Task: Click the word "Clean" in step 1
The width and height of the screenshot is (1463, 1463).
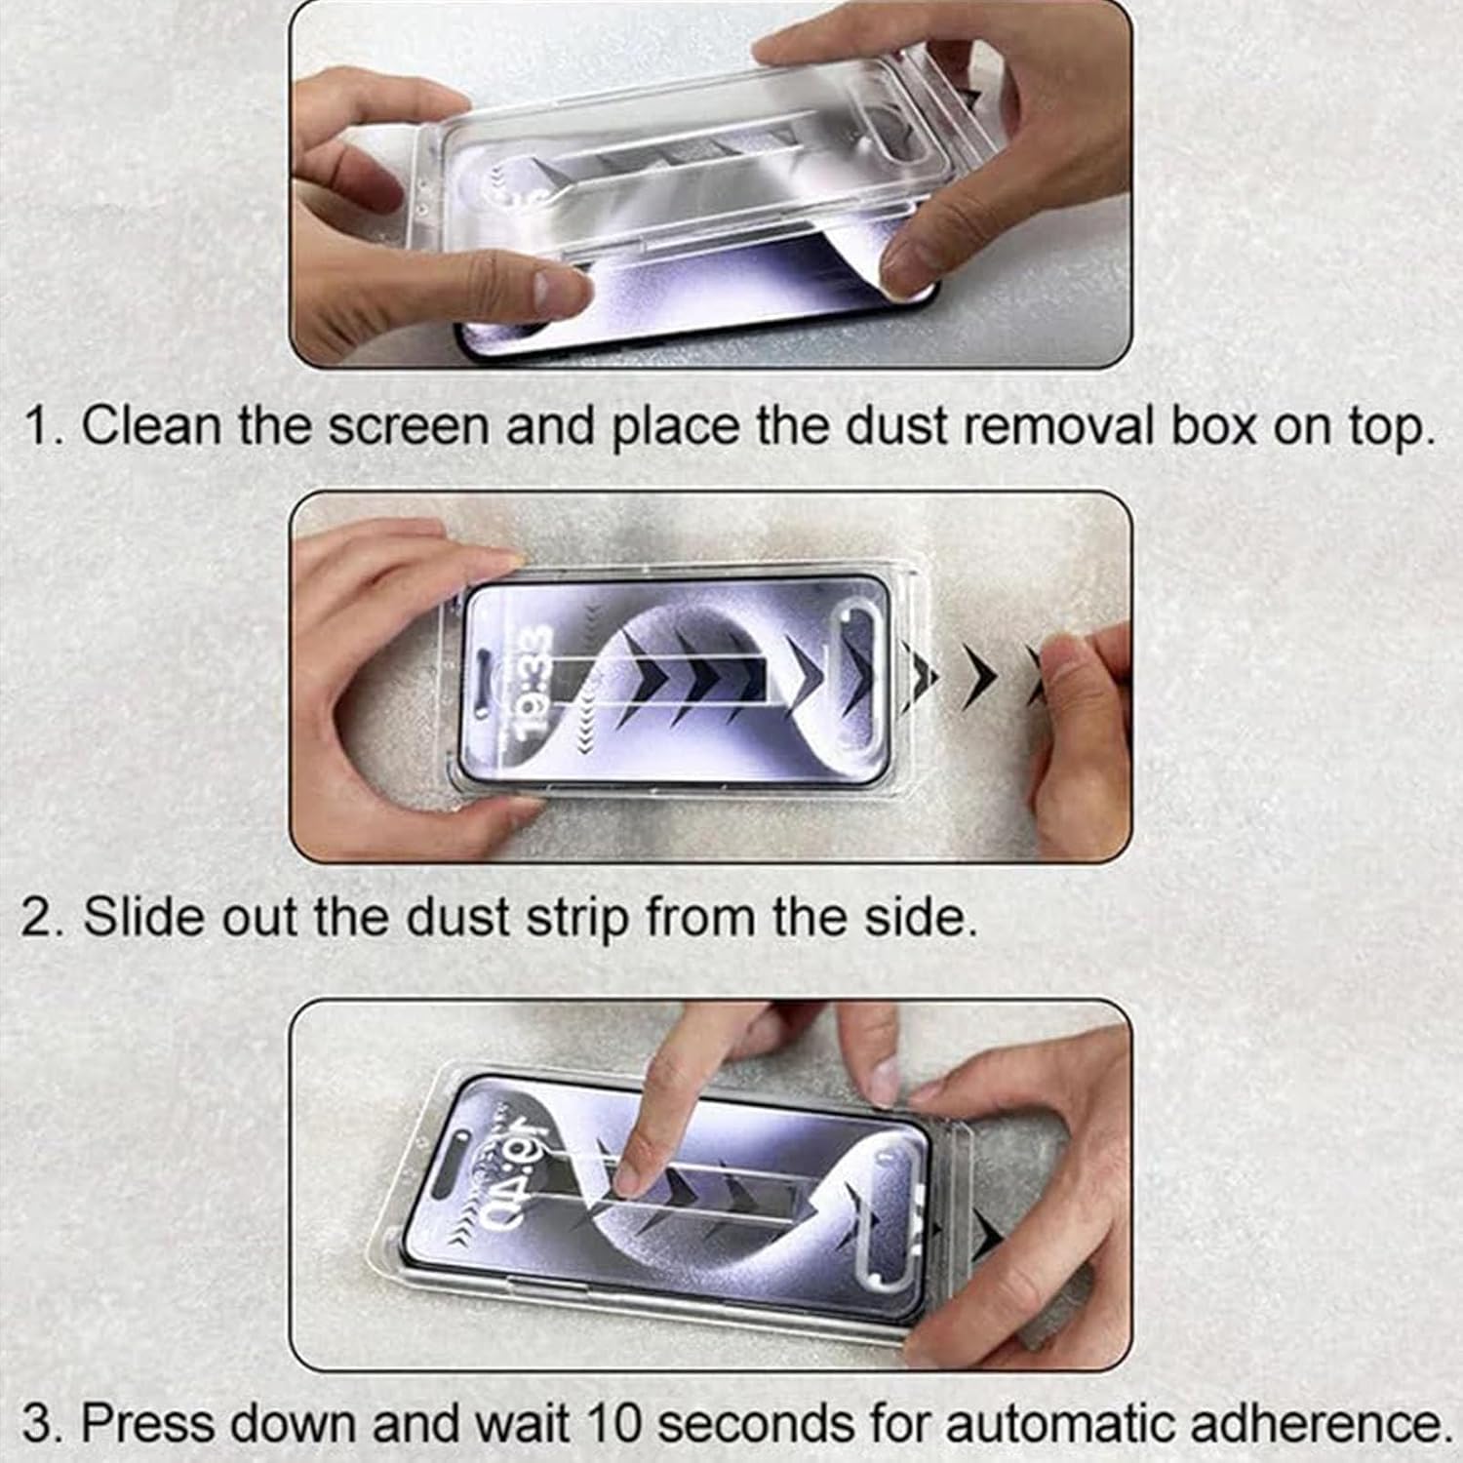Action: pyautogui.click(x=151, y=426)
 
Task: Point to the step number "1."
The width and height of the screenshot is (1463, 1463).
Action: pyautogui.click(x=45, y=426)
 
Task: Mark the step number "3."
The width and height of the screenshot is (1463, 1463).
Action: pyautogui.click(x=45, y=1423)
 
